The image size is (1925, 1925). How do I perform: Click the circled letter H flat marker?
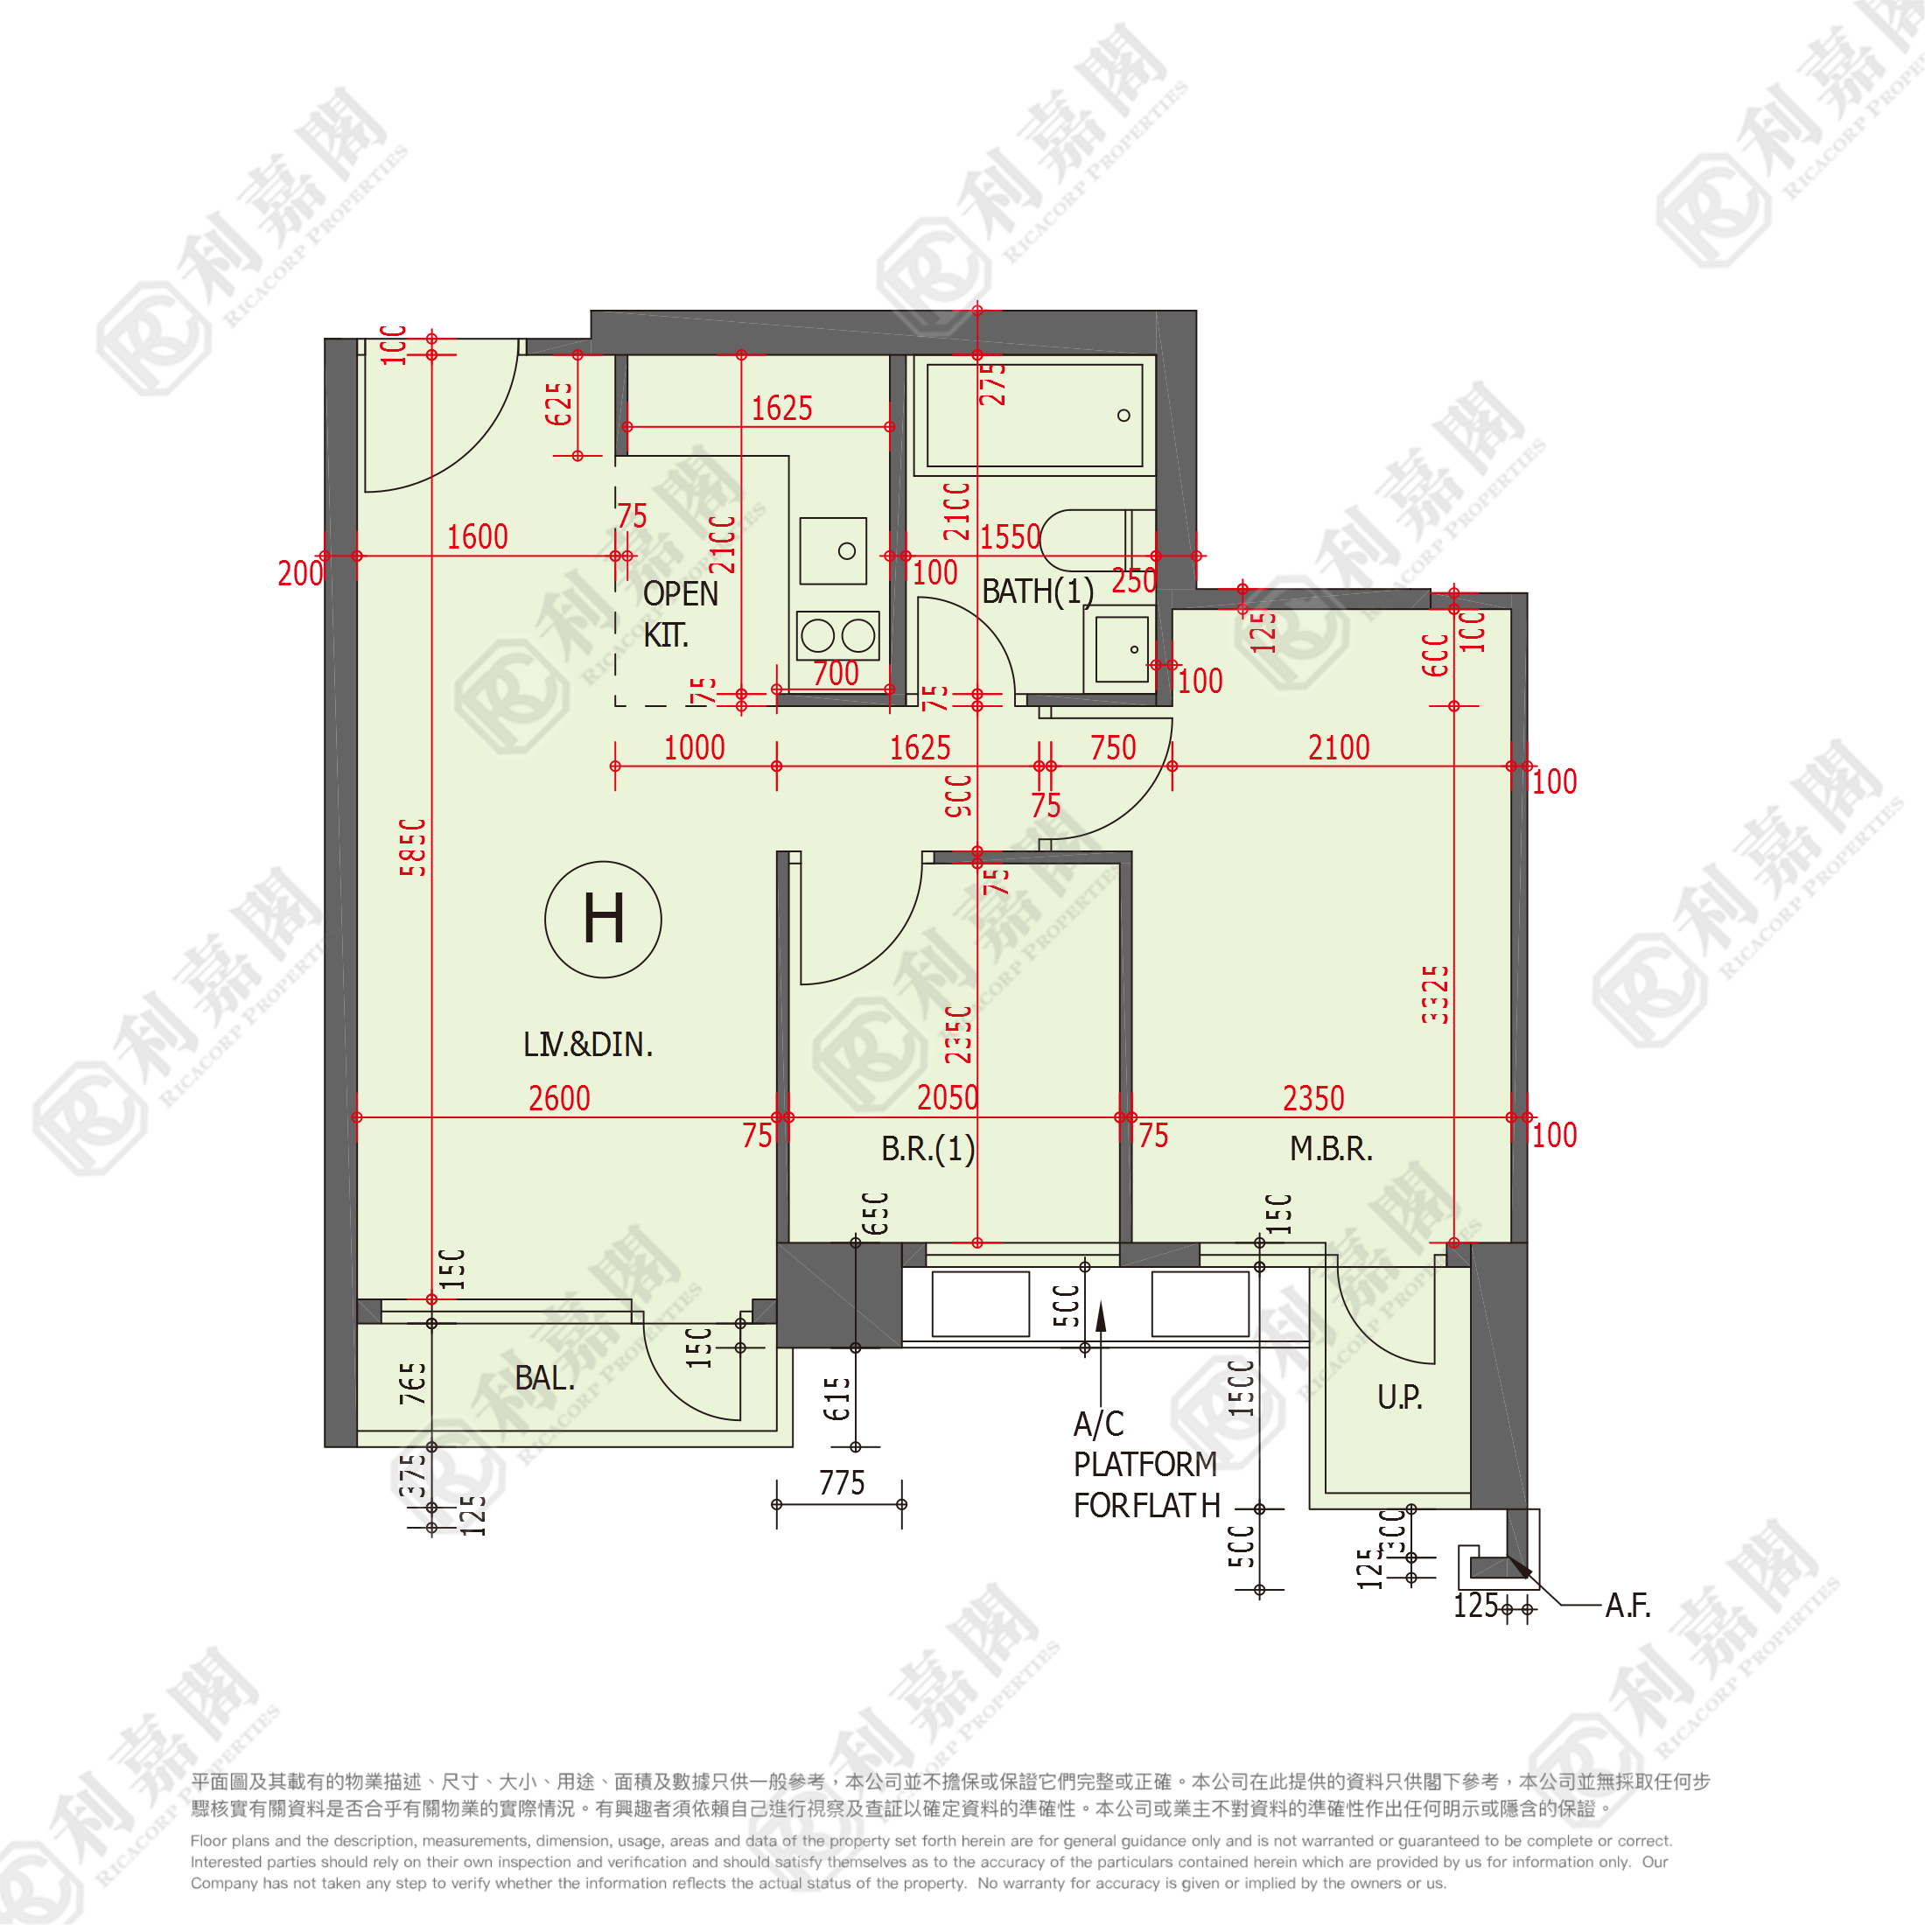pyautogui.click(x=603, y=919)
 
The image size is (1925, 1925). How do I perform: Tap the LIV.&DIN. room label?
pyautogui.click(x=588, y=1044)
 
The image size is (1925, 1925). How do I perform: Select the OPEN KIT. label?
pyautogui.click(x=680, y=613)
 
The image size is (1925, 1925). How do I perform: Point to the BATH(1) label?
pyautogui.click(x=1037, y=591)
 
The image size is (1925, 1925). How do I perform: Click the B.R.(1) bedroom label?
pyautogui.click(x=927, y=1149)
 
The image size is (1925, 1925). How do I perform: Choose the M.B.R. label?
pyautogui.click(x=1330, y=1149)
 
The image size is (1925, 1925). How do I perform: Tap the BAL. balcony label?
pyautogui.click(x=544, y=1378)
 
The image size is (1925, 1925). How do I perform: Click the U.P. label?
pyautogui.click(x=1399, y=1396)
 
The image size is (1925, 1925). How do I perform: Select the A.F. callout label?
pyautogui.click(x=1627, y=1605)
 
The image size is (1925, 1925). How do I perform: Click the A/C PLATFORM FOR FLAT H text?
pyautogui.click(x=1146, y=1464)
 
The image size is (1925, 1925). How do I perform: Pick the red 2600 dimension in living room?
pyautogui.click(x=559, y=1098)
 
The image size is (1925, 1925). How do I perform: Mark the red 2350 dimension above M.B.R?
pyautogui.click(x=1313, y=1098)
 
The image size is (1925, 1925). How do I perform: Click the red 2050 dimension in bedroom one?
pyautogui.click(x=947, y=1098)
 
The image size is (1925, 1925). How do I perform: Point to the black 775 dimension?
pyautogui.click(x=841, y=1482)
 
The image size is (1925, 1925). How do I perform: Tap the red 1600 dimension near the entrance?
pyautogui.click(x=476, y=537)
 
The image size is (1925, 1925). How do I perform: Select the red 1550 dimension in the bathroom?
pyautogui.click(x=1010, y=538)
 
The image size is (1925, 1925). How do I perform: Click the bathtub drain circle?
pyautogui.click(x=1123, y=416)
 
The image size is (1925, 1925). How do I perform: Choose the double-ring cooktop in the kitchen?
pyautogui.click(x=838, y=634)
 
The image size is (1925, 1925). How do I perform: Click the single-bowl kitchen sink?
pyautogui.click(x=833, y=550)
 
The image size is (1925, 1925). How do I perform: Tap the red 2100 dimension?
pyautogui.click(x=1338, y=747)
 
